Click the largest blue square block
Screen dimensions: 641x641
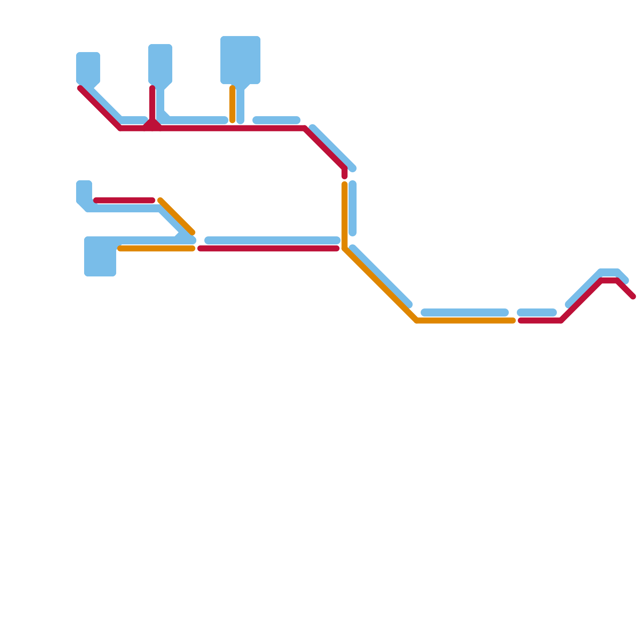point(240,60)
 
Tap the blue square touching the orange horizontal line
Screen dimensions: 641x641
point(100,256)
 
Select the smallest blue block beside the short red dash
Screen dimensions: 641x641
point(84,190)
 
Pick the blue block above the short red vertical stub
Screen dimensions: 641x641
point(160,64)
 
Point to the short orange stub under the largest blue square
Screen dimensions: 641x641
point(232,104)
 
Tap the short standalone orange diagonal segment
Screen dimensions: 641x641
point(176,216)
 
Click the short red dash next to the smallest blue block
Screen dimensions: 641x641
point(124,200)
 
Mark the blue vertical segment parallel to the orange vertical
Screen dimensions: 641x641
point(353,208)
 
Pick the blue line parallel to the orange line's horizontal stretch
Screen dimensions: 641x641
point(465,312)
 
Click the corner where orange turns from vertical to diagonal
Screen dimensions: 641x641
point(345,249)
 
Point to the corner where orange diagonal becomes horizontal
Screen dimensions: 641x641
point(417,320)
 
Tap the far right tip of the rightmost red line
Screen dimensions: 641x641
point(633,297)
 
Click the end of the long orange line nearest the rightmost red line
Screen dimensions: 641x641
point(513,320)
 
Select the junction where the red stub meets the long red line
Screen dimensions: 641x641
point(152,127)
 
